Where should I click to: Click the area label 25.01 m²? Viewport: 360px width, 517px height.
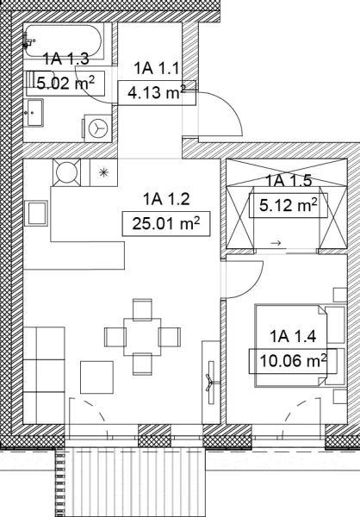coord(166,224)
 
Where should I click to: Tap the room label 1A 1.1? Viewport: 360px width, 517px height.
coord(157,68)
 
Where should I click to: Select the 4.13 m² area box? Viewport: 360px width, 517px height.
coord(157,93)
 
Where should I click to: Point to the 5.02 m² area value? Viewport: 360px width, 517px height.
coord(65,83)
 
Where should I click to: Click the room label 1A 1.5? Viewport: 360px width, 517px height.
coord(289,180)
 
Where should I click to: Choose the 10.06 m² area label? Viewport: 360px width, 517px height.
coord(294,361)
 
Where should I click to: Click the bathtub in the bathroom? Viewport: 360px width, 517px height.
coord(63,41)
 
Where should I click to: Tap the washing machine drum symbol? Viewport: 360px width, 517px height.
coord(98,128)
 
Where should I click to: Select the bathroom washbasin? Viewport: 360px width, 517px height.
coord(34,113)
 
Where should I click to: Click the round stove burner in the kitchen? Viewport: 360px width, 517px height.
coord(66,172)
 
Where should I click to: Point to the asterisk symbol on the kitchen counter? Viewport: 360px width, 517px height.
coord(104,172)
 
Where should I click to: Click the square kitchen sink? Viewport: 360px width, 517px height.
coord(36,214)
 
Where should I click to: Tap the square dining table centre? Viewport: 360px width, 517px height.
coord(142,337)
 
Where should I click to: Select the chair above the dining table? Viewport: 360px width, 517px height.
coord(142,309)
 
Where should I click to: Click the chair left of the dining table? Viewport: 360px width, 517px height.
coord(115,337)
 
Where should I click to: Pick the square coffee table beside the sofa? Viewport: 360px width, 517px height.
coord(97,377)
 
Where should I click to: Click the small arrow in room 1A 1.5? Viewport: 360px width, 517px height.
coord(276,243)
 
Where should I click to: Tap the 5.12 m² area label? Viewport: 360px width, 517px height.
coord(289,205)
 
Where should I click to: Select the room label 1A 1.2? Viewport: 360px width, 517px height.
coord(166,199)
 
